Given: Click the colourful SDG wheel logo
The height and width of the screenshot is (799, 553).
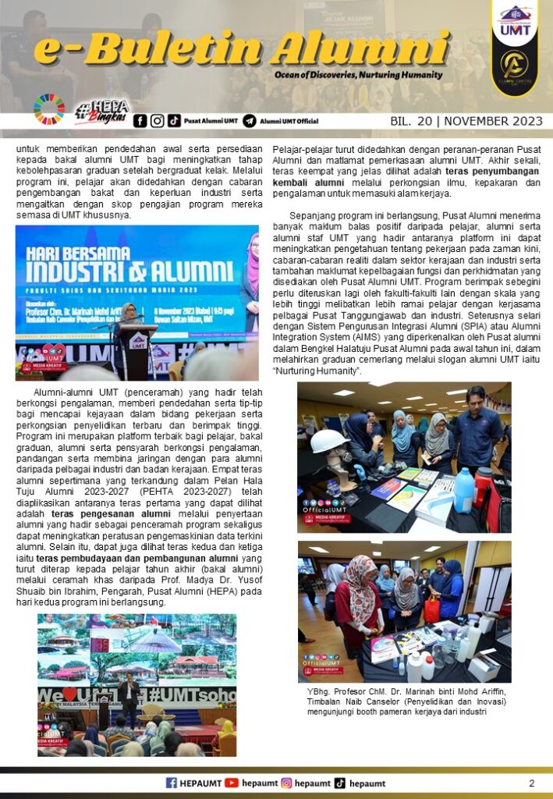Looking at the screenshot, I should click(49, 110).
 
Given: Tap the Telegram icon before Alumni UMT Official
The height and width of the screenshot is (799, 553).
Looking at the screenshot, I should click(250, 121).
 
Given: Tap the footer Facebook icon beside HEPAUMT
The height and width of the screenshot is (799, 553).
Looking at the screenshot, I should click(172, 783).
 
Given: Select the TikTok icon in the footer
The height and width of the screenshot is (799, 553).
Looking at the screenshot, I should click(340, 783).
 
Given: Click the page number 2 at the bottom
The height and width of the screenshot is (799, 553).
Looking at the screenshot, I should click(531, 783).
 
